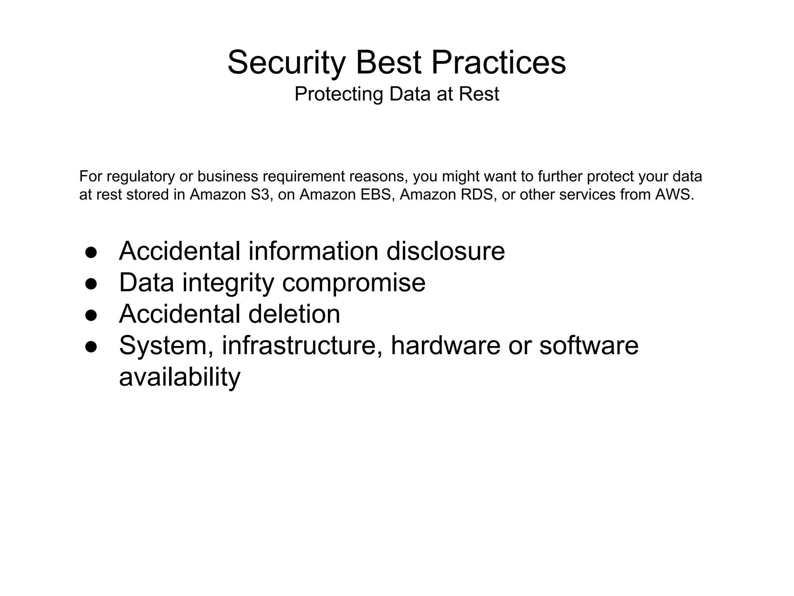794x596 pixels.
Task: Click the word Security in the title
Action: [x=286, y=63]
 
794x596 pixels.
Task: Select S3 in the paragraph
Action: [x=259, y=195]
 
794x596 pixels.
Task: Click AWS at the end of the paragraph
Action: [x=674, y=195]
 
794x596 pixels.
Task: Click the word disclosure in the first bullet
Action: [x=445, y=251]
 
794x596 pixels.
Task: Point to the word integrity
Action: [x=228, y=283]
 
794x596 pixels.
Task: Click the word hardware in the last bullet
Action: [x=445, y=345]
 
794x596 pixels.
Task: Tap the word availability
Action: [x=180, y=377]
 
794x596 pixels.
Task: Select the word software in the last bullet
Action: [x=589, y=345]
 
